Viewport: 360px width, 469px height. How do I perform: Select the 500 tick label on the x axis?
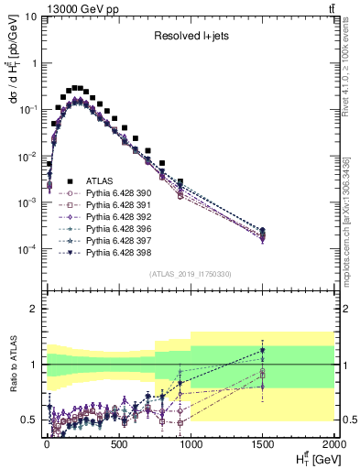click(117, 444)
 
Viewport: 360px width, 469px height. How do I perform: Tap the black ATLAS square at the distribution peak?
click(76, 88)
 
